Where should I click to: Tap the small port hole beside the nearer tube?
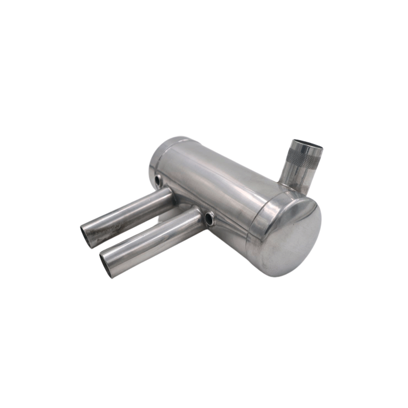click(210, 219)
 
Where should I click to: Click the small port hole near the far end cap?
click(158, 180)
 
